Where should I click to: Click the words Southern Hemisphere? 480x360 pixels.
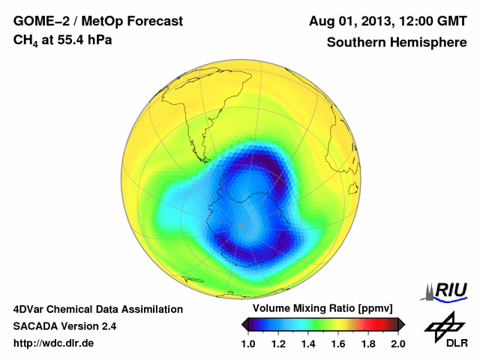396,43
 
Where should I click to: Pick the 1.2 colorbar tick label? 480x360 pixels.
279,343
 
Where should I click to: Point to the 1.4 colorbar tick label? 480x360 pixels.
308,343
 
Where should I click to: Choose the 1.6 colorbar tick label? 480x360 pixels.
338,343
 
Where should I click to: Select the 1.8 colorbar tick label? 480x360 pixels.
368,343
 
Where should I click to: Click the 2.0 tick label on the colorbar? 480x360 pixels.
397,343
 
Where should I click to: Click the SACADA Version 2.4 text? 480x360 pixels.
64,326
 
